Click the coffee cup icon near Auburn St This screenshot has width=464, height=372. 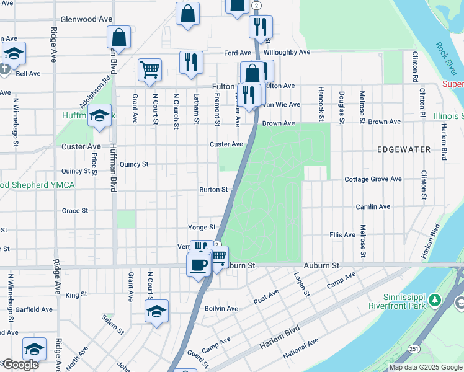click(198, 265)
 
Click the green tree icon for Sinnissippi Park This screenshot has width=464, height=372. click(435, 301)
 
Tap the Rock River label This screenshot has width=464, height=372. click(445, 55)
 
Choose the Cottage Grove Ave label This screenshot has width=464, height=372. click(373, 179)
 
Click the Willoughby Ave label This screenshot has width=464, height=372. click(287, 53)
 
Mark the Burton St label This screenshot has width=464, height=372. click(213, 190)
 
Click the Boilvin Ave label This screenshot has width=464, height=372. click(221, 308)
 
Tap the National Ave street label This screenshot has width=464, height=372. click(300, 348)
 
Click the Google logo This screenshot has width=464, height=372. click(20, 365)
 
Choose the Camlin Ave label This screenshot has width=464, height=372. click(373, 206)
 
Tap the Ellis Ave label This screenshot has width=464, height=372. click(342, 235)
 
